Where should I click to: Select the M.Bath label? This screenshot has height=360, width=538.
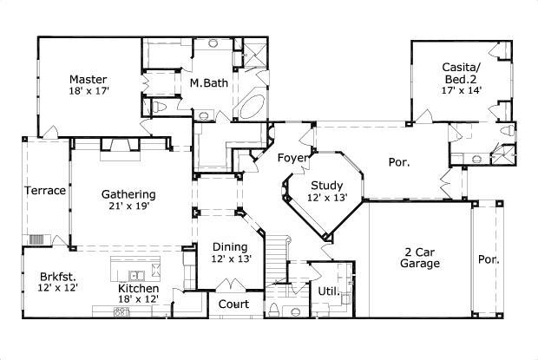[207, 84]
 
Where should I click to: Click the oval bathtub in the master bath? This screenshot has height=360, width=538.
[252, 108]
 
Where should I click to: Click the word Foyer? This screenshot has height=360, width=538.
[292, 158]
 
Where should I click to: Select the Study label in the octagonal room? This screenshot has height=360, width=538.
[326, 186]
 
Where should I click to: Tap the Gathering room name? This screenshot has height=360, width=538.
[128, 194]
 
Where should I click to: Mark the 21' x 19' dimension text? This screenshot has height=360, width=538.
[128, 207]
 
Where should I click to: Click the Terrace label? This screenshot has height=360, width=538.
[44, 191]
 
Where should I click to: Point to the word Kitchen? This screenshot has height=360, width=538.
[139, 288]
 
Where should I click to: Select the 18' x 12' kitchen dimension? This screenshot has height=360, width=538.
[139, 300]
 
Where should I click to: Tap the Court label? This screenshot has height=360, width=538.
[233, 304]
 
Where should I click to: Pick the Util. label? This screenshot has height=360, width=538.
[327, 291]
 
